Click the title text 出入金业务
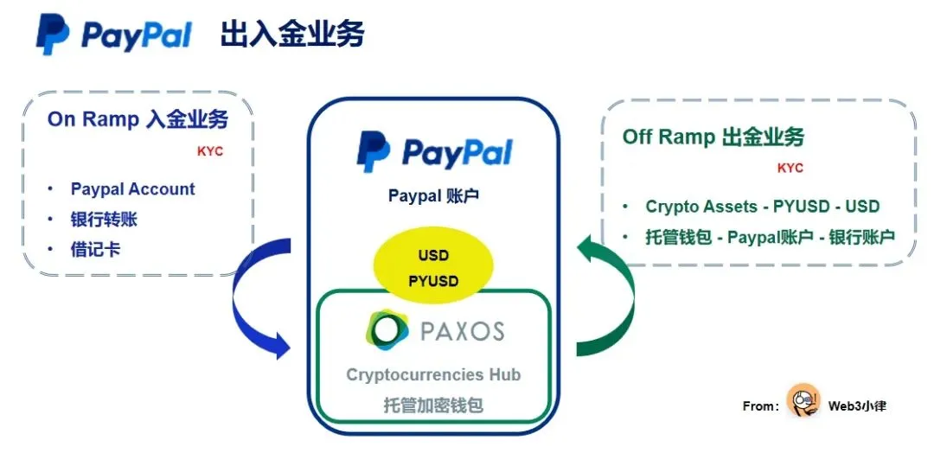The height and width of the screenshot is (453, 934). tap(292, 35)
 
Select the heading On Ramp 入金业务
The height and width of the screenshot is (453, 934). tap(138, 119)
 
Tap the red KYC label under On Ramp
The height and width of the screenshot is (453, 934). tap(210, 151)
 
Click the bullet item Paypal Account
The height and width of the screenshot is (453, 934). tap(132, 189)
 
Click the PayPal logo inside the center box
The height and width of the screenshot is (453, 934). tap(434, 152)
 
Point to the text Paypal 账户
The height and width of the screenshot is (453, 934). tap(433, 196)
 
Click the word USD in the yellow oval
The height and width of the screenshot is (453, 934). tap(433, 257)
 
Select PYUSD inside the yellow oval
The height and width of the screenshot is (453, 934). tap(433, 281)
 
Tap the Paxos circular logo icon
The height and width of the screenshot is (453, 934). tap(387, 330)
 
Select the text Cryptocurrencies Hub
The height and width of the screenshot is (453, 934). tap(433, 374)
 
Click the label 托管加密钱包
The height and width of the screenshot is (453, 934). tap(433, 405)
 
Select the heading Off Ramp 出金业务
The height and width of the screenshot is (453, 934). tap(713, 137)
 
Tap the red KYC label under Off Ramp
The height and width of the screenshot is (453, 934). tap(790, 168)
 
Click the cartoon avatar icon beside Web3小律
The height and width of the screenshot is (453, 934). tap(803, 402)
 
